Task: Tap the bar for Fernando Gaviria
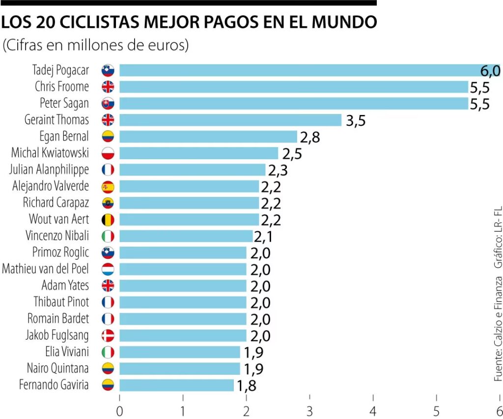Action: tap(176, 385)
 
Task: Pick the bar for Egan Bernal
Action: tap(208, 137)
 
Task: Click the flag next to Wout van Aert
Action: tap(108, 219)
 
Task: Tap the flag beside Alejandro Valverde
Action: tap(108, 186)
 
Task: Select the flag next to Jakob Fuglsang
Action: tap(108, 335)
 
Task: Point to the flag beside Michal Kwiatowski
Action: tap(108, 153)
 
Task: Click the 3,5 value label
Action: tap(355, 121)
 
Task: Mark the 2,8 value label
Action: tap(310, 137)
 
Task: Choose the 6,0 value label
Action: tap(490, 71)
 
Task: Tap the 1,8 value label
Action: tap(247, 386)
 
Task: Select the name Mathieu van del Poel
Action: tap(46, 269)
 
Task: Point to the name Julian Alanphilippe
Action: tap(49, 169)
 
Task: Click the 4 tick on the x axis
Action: tap(373, 411)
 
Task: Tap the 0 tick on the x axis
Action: tap(119, 411)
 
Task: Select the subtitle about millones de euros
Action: tap(96, 45)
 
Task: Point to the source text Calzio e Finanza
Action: tap(498, 329)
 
